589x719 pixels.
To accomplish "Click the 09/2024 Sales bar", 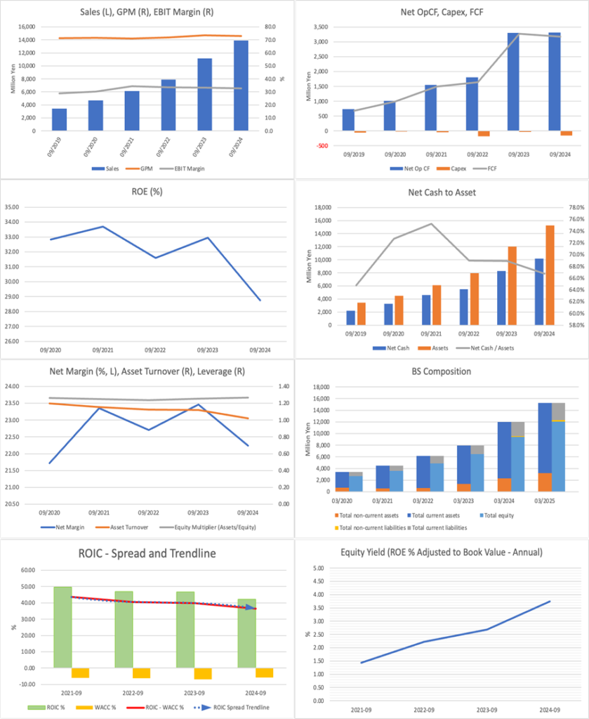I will tap(241, 85).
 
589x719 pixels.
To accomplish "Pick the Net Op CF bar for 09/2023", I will tap(513, 81).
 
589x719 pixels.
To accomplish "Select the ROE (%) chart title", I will tap(147, 191).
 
